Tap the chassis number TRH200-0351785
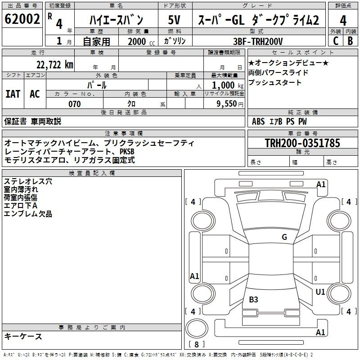click(302, 143)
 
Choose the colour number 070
click(74, 104)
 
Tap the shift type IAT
click(13, 94)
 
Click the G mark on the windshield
click(284, 237)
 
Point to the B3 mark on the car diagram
click(254, 299)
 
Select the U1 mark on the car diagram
click(320, 292)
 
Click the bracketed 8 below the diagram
click(196, 344)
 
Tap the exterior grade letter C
click(335, 41)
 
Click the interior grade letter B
click(351, 41)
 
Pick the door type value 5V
click(174, 20)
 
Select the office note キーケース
click(23, 336)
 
